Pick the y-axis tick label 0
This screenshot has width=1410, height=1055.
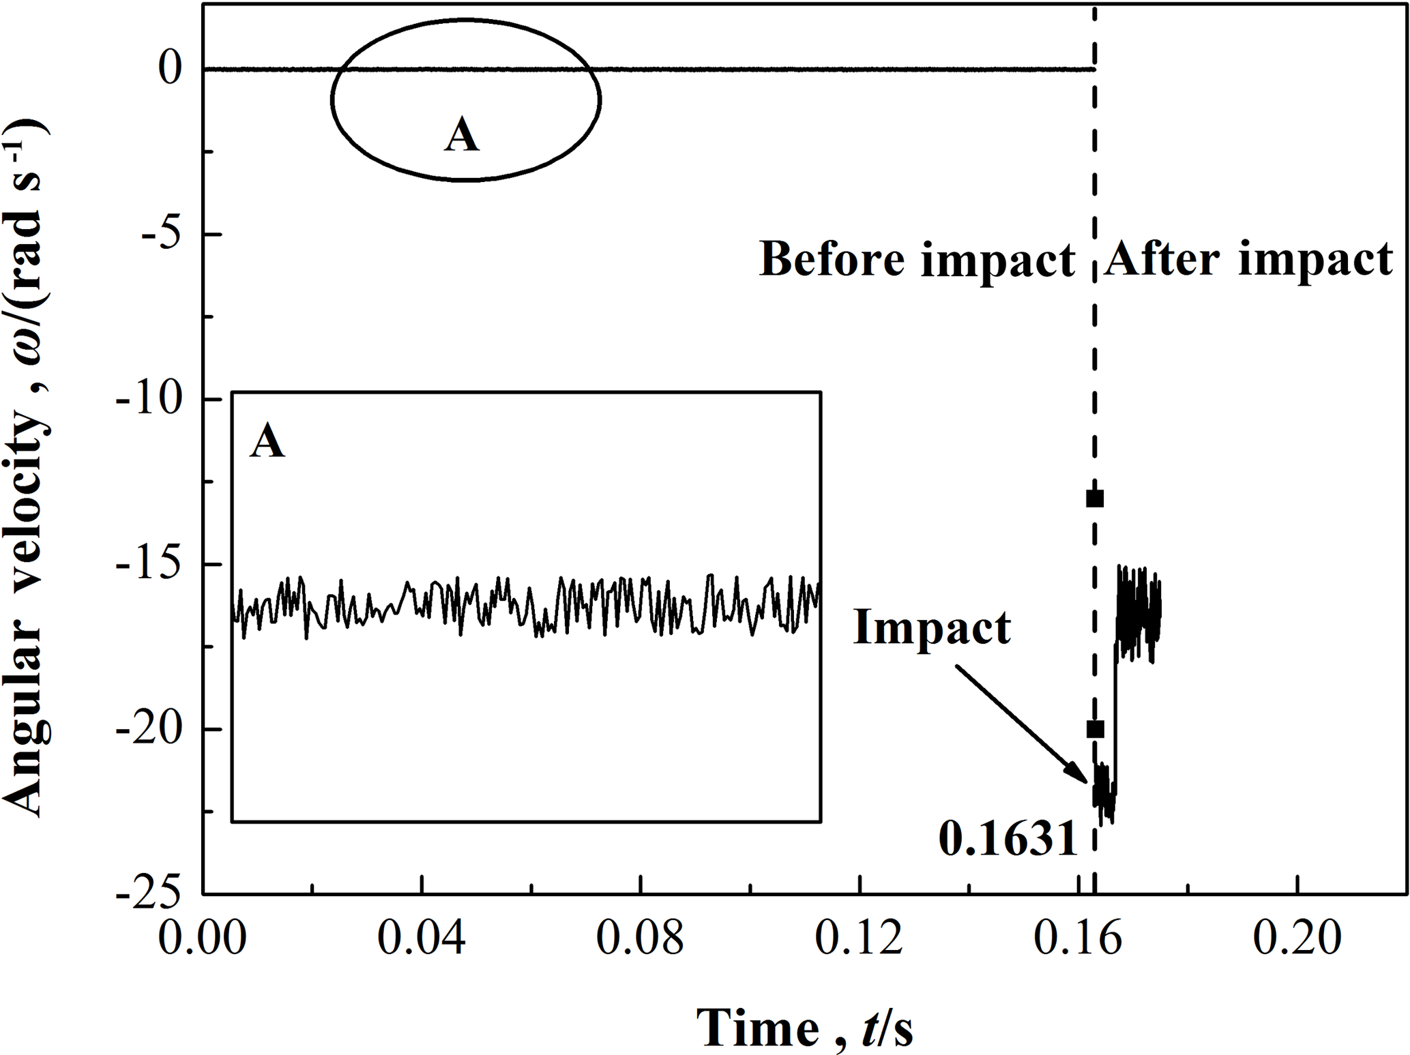tap(171, 69)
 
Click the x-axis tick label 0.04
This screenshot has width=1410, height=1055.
tap(422, 938)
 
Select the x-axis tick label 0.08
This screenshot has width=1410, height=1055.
tap(640, 938)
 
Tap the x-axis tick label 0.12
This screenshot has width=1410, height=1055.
tap(860, 938)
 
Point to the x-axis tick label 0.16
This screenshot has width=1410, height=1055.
tap(1078, 938)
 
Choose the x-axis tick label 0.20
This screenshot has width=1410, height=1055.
tap(1297, 938)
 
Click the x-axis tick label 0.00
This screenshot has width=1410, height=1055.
tap(203, 938)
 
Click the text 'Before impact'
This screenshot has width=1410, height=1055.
tap(917, 260)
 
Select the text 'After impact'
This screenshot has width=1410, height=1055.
tap(1248, 260)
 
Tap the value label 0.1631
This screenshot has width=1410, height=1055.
tap(1008, 839)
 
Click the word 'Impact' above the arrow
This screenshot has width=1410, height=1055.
tap(932, 627)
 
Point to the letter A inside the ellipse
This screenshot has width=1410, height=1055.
tap(462, 134)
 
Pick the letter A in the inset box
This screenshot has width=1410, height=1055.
tap(267, 441)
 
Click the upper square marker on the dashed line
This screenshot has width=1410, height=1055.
tap(1094, 499)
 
